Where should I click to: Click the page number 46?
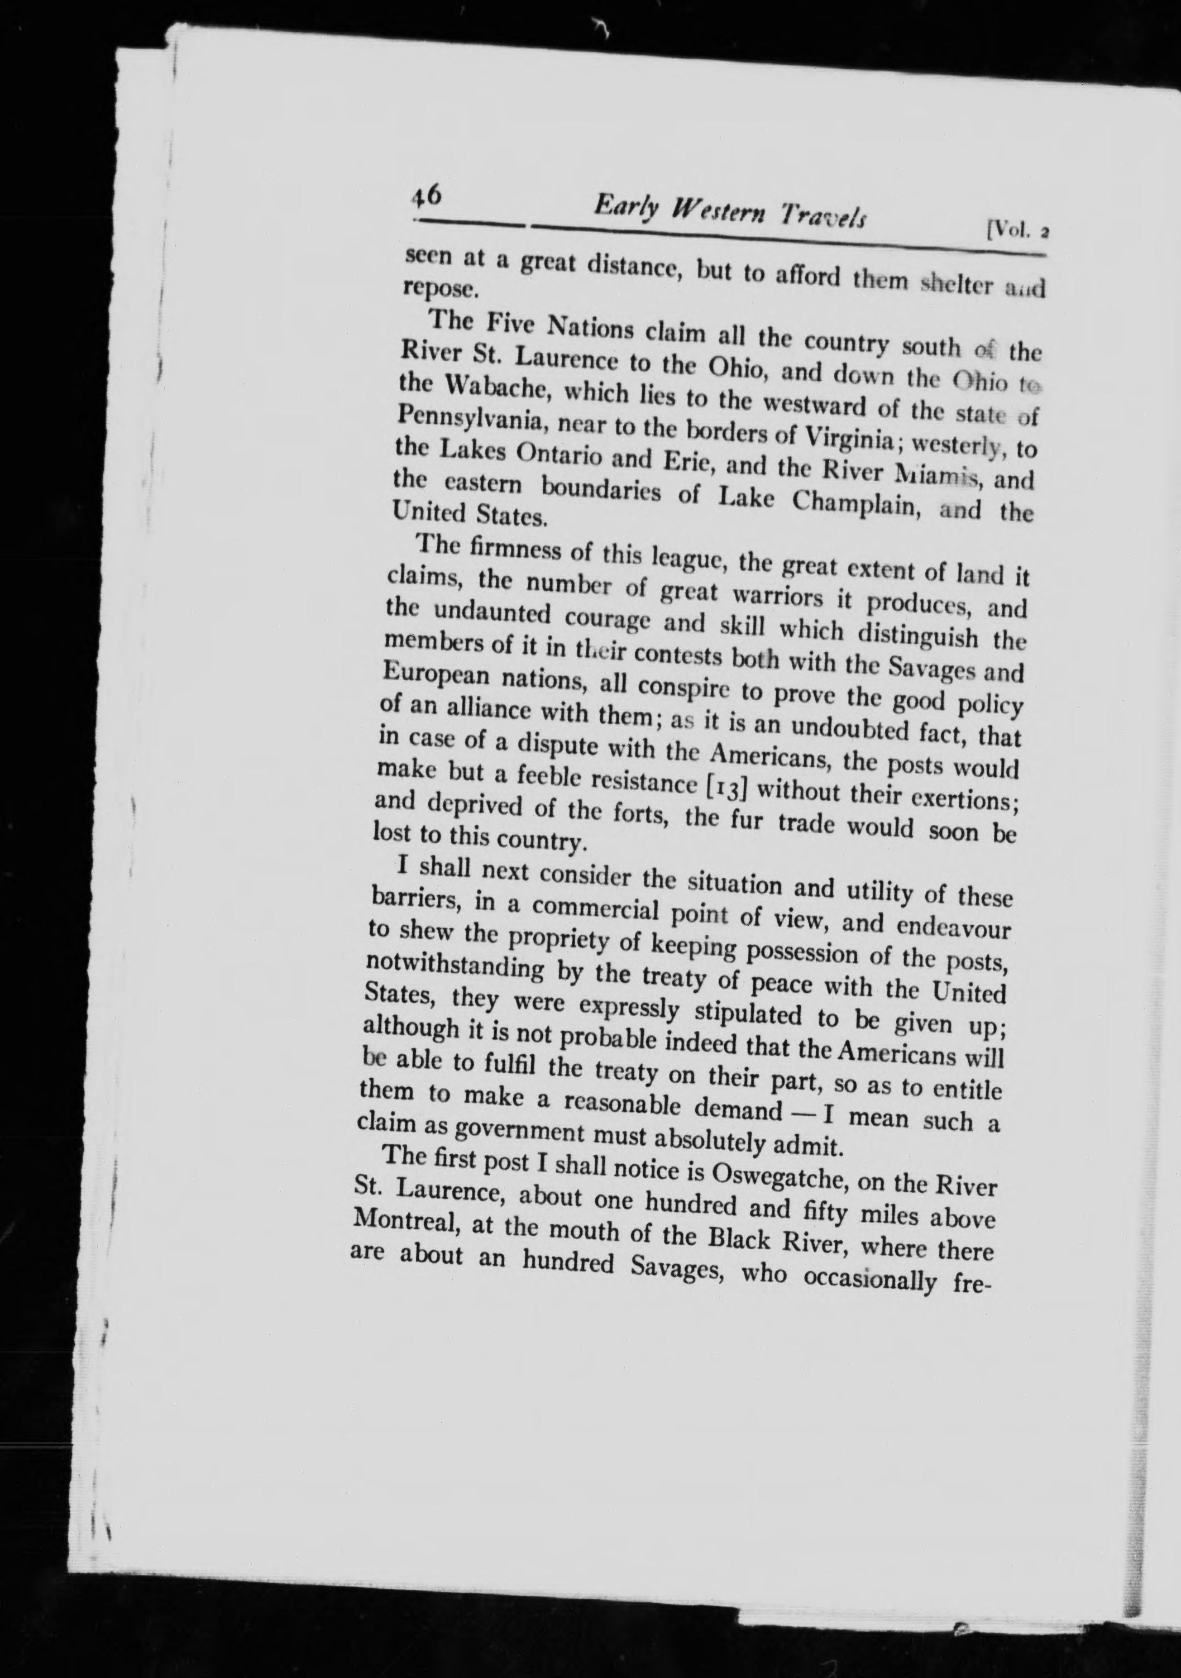tap(424, 197)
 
